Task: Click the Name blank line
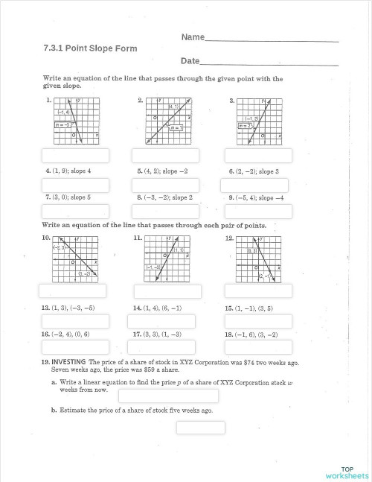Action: (272, 39)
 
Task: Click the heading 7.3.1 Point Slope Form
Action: (90, 48)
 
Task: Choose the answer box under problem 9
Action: (257, 212)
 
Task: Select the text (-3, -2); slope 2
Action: (165, 198)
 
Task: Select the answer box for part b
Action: (200, 428)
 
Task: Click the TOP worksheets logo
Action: (346, 472)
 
